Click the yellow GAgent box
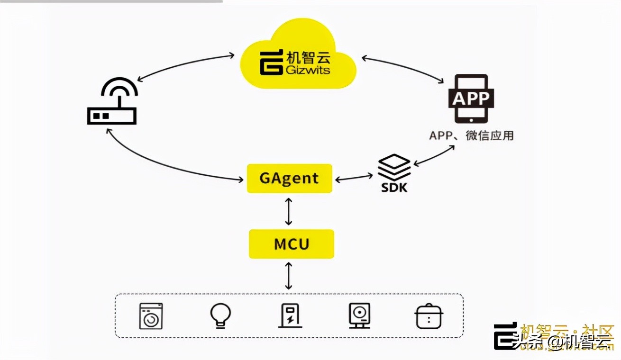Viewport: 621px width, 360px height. [x=289, y=179]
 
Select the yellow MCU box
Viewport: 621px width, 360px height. [x=292, y=244]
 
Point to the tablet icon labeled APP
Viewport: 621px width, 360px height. [x=471, y=99]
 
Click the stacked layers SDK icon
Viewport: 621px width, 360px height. [x=394, y=167]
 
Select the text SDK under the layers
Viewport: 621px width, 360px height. [x=394, y=188]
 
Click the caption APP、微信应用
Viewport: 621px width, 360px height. [x=471, y=135]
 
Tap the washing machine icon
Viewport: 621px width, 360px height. [x=151, y=316]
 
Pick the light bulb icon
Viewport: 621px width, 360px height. [x=220, y=315]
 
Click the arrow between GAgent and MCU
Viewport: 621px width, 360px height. [x=289, y=211]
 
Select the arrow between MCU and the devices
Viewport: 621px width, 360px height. [x=289, y=276]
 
